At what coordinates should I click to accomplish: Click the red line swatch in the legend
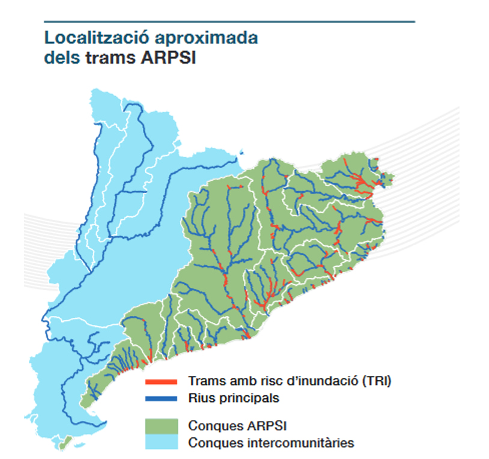161,381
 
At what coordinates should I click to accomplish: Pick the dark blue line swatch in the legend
161,398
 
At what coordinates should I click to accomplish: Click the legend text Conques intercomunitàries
271,443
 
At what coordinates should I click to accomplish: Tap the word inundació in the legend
327,381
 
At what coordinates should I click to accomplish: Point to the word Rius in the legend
199,398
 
